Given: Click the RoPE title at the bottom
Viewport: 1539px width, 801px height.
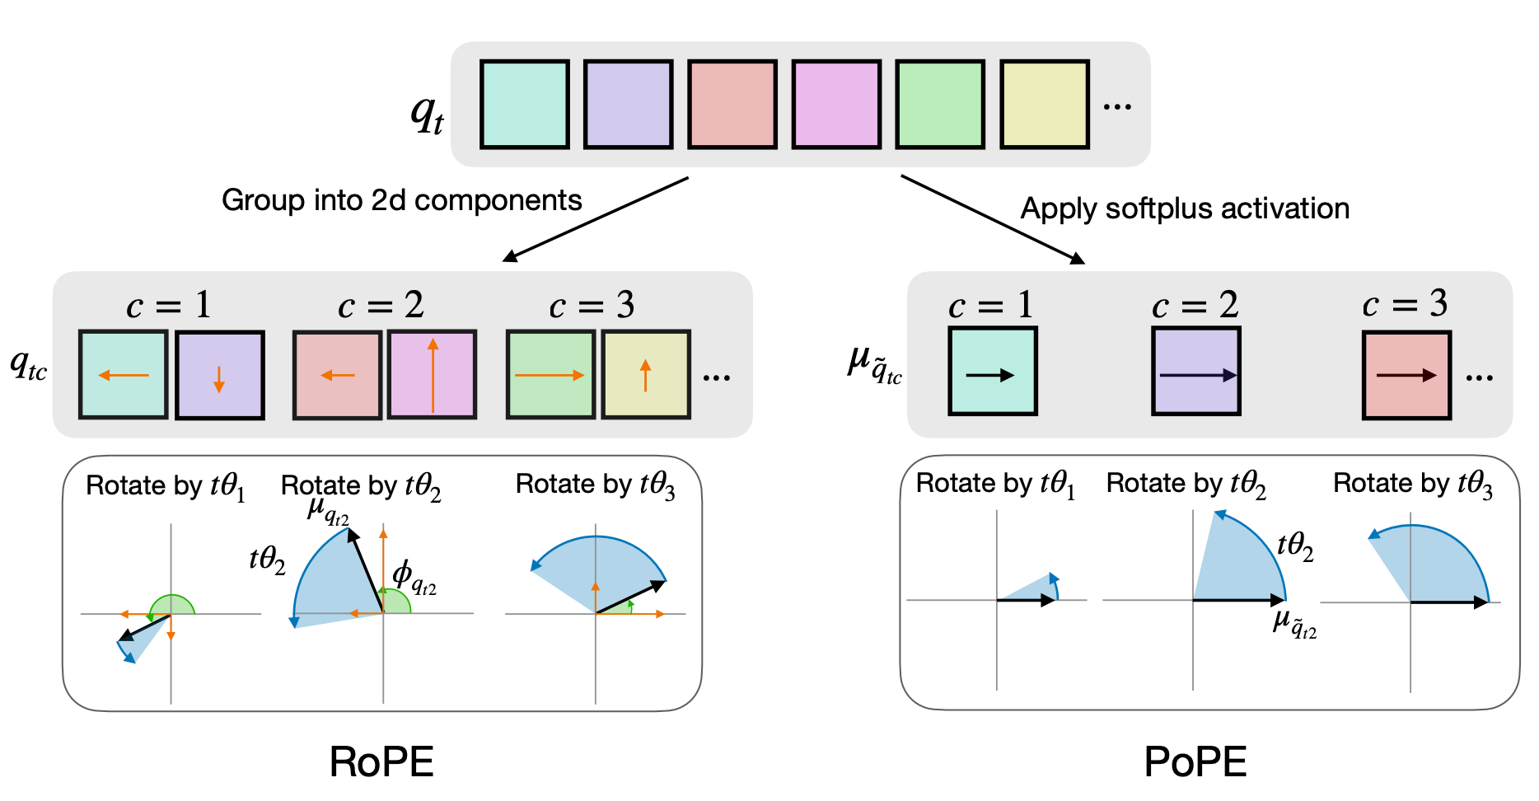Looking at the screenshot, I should pos(381,761).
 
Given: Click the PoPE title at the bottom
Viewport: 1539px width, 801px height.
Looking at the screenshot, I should pos(1195,761).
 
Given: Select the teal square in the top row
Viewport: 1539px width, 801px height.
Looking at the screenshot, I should pos(525,104).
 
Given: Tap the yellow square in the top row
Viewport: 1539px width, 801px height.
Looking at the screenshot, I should pos(1045,104).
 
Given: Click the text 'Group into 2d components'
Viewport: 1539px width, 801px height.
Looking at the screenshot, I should pos(401,200).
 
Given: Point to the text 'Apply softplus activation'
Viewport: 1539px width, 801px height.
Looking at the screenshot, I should pos(1185,208).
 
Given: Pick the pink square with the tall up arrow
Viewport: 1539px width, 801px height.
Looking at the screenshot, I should pos(433,374).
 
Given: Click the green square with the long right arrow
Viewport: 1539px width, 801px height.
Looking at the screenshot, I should pos(550,374).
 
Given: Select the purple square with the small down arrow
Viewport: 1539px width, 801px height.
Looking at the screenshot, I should pos(220,375).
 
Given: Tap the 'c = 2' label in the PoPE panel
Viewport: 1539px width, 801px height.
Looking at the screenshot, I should pos(1195,306).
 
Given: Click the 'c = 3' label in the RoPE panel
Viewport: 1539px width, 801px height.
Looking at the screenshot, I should pos(592,306).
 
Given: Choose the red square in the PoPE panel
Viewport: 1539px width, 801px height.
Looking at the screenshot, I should pos(1406,375).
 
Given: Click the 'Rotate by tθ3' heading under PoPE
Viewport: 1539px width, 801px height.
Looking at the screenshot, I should pos(1412,484).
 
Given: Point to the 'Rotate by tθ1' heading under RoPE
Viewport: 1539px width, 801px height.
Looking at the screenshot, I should pos(166,486).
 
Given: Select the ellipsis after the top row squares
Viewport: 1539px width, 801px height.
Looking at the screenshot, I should pos(1117,106).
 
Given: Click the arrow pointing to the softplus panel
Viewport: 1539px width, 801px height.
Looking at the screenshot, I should pos(992,219).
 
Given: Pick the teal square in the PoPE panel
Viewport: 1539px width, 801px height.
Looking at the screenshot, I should pos(992,371).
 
